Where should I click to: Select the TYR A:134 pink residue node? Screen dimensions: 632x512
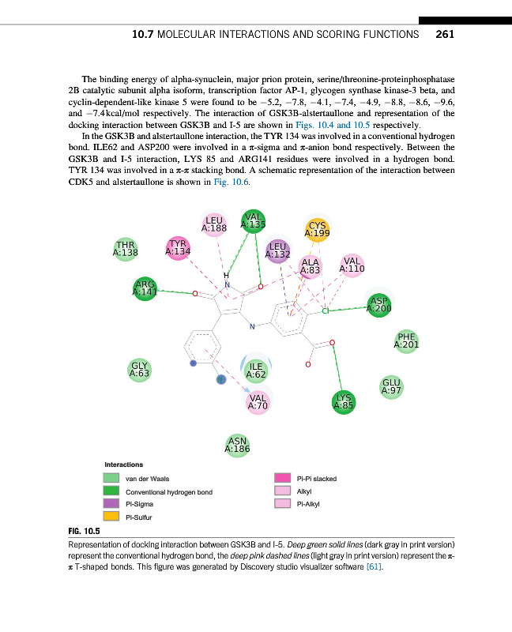pyautogui.click(x=179, y=248)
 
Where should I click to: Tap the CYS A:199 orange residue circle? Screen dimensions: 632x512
pyautogui.click(x=317, y=230)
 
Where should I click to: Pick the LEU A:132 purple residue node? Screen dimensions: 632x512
pyautogui.click(x=277, y=250)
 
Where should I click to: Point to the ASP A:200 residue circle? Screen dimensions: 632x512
pyautogui.click(x=380, y=304)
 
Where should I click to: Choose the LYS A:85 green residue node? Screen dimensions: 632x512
pyautogui.click(x=343, y=402)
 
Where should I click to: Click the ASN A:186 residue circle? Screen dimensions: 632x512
pyautogui.click(x=237, y=446)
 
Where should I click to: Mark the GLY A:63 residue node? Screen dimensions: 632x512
pyautogui.click(x=139, y=369)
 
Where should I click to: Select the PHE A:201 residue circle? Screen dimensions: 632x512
pyautogui.click(x=406, y=340)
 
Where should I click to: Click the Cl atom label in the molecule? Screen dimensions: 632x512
pyautogui.click(x=325, y=313)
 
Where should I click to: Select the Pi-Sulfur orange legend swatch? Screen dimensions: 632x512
pyautogui.click(x=111, y=517)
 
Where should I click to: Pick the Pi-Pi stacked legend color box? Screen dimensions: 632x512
pyautogui.click(x=282, y=478)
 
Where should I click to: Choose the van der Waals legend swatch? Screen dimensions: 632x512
pyautogui.click(x=111, y=478)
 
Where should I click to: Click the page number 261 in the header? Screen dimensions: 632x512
pyautogui.click(x=444, y=35)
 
